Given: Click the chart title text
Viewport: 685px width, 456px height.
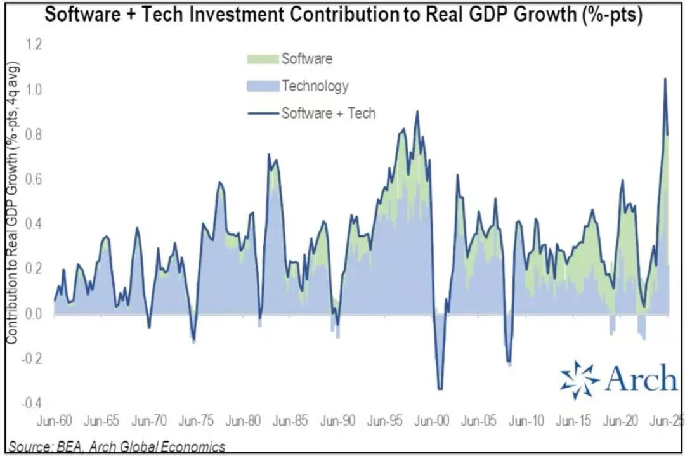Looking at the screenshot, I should click(342, 15).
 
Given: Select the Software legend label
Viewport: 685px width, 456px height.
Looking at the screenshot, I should click(307, 59).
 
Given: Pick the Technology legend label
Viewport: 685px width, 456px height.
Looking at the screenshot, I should click(315, 86).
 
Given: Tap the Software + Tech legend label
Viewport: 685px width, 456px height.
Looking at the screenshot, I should click(329, 113).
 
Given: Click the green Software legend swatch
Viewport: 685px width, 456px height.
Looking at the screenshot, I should click(261, 59).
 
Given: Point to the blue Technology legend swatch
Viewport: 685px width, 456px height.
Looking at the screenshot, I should click(261, 86).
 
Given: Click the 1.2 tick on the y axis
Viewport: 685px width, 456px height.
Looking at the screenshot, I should click(33, 44).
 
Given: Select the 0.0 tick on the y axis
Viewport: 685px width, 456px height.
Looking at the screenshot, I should click(33, 313).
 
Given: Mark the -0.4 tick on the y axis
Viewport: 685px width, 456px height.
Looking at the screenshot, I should click(32, 403).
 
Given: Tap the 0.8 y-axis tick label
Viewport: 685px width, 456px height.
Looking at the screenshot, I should click(33, 134).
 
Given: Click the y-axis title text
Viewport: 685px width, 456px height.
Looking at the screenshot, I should click(12, 203).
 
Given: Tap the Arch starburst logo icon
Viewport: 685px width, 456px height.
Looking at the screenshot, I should click(579, 380).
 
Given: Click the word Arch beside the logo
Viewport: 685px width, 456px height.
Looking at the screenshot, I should click(641, 379).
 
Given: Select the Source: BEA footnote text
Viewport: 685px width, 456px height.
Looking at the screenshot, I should click(117, 446).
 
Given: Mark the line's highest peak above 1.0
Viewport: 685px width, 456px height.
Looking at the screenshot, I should click(665, 79).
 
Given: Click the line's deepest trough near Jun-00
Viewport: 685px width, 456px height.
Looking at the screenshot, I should click(440, 389).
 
